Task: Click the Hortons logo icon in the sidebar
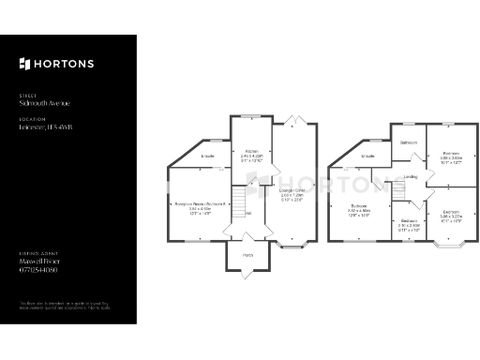point(24,64)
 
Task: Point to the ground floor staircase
point(238,200)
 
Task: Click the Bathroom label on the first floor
point(409,142)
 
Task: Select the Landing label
point(411,176)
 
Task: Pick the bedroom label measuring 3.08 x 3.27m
point(451,212)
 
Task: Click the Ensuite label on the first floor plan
point(369,156)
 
